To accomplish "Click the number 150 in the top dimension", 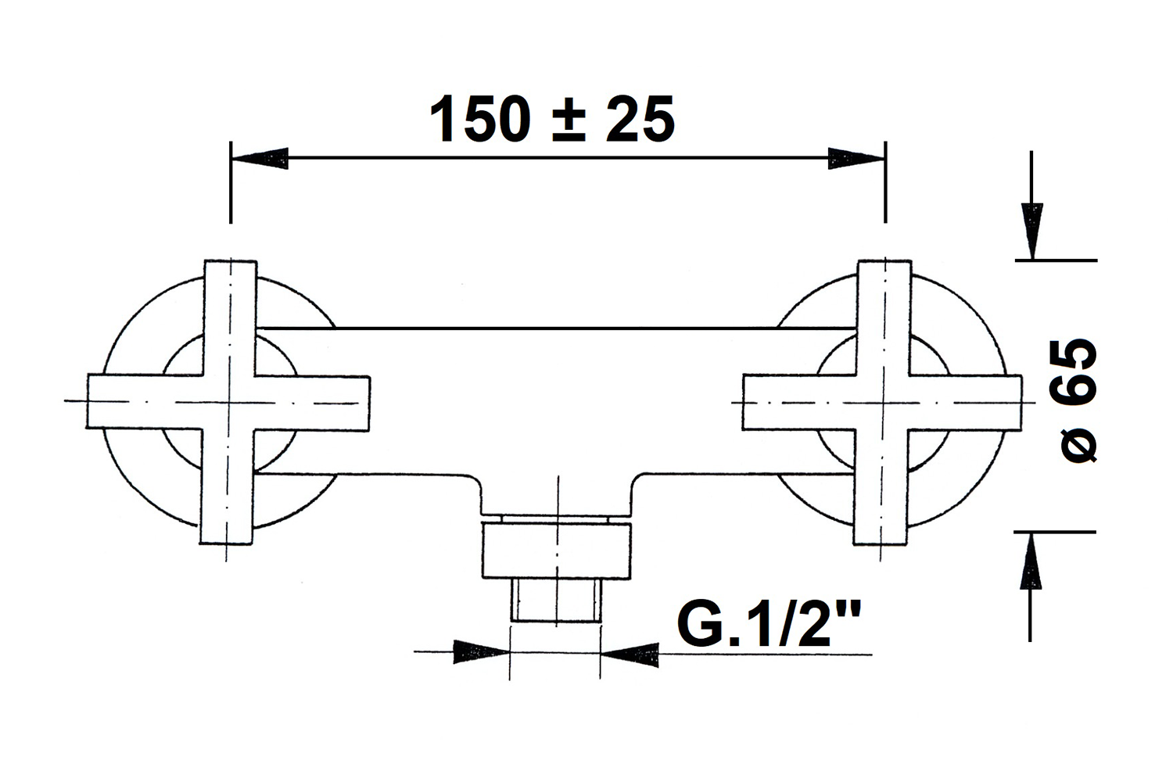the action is pos(479,120).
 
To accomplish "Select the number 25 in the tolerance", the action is pos(640,120).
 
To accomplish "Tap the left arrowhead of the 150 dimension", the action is pos(260,158).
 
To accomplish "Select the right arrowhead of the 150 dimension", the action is pos(857,158).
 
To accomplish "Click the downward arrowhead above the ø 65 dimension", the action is pos(1032,231).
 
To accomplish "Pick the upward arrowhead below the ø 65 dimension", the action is pos(1031,561).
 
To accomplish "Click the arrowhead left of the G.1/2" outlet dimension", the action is pos(481,652).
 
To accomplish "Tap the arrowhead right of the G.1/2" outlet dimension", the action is pos(630,655).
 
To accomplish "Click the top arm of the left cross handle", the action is pos(230,317).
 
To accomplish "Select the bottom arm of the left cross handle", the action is pos(228,487).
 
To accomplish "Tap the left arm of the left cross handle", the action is pos(145,402).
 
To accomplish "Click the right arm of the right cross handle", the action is pos(964,404).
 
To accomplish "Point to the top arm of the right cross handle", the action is pos(884,317).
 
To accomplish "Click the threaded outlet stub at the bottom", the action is pos(556,601).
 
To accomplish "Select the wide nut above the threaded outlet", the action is pos(556,551).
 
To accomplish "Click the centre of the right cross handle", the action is pos(882,403).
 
